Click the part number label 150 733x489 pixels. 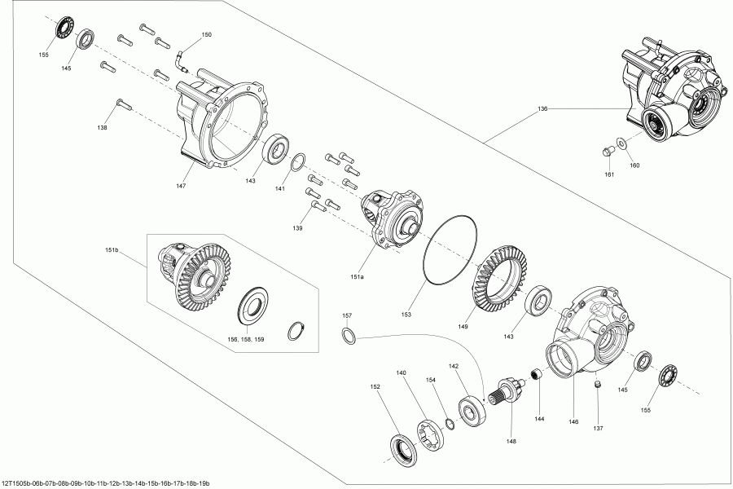pos(206,35)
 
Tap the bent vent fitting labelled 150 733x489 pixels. pos(181,59)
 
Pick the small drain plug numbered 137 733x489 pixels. pos(597,385)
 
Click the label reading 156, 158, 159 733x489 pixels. pos(244,338)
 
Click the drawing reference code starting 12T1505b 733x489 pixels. pos(106,483)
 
